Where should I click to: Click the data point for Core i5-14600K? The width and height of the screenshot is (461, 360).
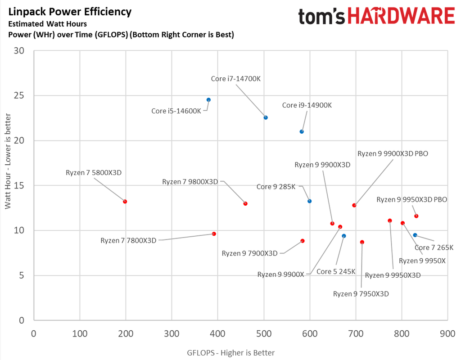coord(208,100)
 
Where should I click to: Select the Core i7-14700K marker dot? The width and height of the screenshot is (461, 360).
coord(266,117)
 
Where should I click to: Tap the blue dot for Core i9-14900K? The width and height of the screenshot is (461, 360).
coord(302,132)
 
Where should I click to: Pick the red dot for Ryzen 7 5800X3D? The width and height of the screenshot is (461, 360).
coord(125,202)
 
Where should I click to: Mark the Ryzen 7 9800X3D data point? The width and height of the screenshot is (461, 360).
coord(245,203)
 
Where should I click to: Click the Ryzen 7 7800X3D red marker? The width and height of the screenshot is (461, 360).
coord(214,234)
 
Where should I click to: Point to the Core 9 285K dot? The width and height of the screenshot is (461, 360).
coord(309,201)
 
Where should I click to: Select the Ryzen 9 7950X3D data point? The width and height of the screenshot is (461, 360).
coord(362,242)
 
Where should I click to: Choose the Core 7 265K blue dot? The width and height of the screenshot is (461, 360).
coord(415,235)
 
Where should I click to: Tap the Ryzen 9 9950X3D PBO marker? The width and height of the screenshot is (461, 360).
coord(416,216)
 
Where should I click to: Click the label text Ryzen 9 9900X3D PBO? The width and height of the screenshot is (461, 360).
coord(393,153)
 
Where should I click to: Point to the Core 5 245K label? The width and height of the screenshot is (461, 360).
coord(336,272)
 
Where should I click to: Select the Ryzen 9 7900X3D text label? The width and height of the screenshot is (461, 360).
coord(250,253)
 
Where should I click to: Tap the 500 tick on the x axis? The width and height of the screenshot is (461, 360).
coord(264,334)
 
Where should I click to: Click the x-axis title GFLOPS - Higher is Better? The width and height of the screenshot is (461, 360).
coord(230,353)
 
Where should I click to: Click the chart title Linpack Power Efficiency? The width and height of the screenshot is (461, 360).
coord(70,12)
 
